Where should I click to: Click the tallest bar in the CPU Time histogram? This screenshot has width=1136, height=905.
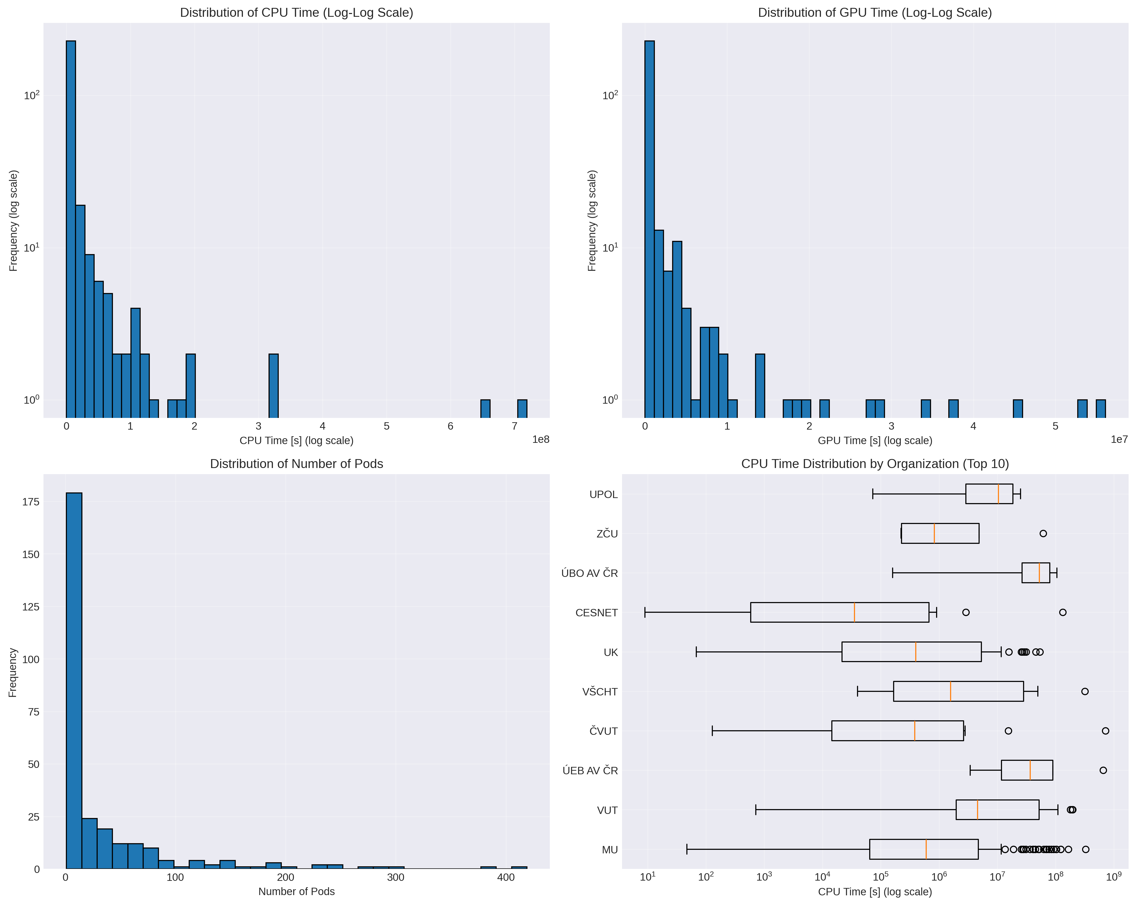(71, 227)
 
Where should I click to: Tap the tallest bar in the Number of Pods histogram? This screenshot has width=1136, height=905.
(74, 680)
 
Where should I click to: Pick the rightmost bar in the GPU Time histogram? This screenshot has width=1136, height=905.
(1101, 408)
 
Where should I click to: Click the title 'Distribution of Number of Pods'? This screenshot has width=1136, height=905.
(296, 464)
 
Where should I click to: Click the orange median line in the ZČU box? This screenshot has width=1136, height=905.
(934, 533)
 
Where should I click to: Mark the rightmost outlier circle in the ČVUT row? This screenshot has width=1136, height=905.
(1105, 731)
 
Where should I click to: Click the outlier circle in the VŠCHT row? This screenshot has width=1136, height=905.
(1085, 691)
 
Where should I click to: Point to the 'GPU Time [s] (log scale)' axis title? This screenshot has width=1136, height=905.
(875, 441)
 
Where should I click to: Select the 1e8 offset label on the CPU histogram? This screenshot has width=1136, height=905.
(541, 440)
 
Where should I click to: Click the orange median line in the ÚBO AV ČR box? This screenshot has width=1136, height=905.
(1039, 573)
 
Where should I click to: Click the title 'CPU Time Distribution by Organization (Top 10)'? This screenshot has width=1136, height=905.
(875, 464)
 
